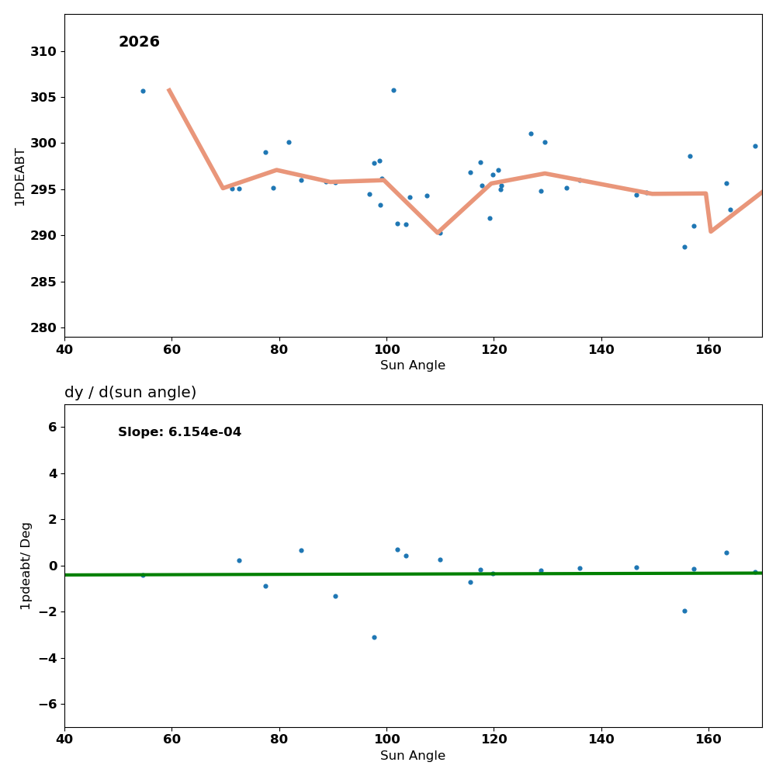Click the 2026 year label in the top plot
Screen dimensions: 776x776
[139, 42]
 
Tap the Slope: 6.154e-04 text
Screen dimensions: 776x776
[179, 432]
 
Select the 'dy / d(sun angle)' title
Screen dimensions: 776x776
[130, 393]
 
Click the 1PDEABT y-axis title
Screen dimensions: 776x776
[20, 176]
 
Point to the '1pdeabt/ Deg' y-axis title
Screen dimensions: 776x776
[26, 566]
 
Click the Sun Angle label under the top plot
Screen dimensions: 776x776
[413, 365]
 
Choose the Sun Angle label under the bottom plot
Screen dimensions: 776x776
[413, 756]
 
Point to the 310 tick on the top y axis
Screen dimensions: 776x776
[43, 51]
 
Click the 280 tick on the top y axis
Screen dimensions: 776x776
[43, 327]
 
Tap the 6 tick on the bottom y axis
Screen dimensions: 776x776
[51, 427]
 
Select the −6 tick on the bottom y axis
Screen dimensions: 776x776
[47, 704]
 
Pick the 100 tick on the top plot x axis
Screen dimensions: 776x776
[386, 349]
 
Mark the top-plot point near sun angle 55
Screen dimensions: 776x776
[143, 91]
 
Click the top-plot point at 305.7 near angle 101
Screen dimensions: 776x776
[393, 90]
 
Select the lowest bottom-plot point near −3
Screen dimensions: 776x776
[374, 637]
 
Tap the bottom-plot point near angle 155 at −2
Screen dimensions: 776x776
[684, 611]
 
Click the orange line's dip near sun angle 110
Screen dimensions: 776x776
[438, 232]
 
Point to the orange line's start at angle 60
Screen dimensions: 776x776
[169, 89]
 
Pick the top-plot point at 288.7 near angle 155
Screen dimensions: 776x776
[684, 247]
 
